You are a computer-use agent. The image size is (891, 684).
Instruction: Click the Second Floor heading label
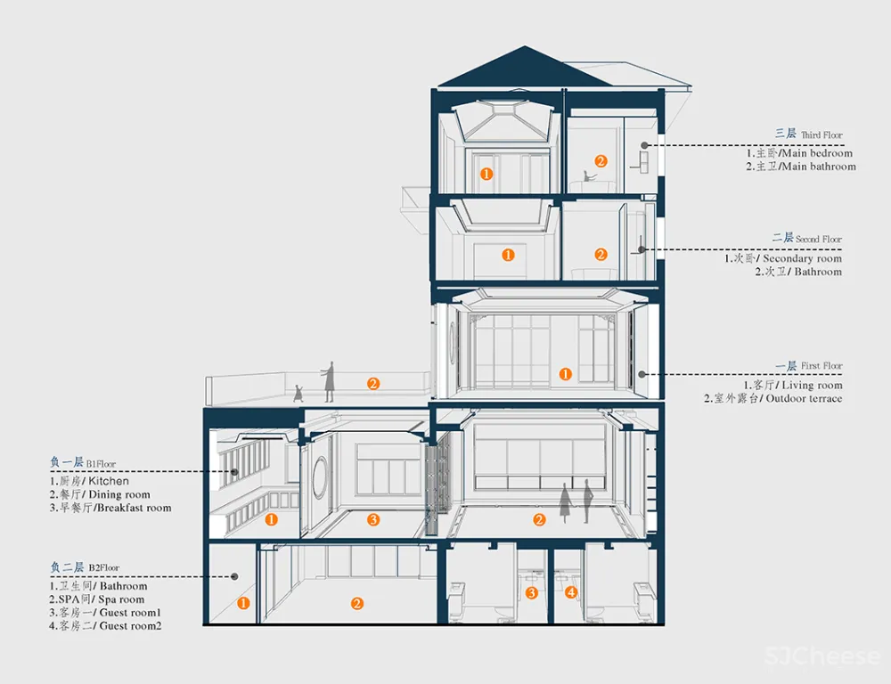point(806,238)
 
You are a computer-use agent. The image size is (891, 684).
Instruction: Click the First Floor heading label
point(808,366)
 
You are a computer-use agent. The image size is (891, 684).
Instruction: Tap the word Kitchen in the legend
point(108,481)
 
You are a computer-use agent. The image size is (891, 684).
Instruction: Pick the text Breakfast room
point(132,508)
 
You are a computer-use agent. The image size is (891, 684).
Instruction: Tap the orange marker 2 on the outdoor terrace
point(373,384)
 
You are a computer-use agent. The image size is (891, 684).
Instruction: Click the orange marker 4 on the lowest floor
point(571,592)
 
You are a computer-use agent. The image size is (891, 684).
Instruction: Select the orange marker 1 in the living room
point(565,374)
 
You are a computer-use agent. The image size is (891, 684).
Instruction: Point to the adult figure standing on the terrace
point(330,381)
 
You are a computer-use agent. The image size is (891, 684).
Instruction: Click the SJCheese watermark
point(822,657)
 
